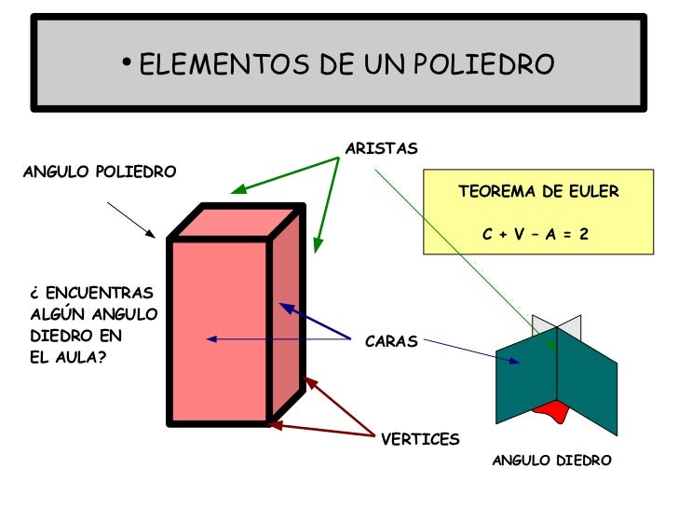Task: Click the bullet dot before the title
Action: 127,62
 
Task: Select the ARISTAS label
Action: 381,149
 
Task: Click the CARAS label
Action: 391,342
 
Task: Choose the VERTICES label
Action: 420,439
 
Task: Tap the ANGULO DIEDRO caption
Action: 551,461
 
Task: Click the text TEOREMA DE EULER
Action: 538,192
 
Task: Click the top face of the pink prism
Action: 238,221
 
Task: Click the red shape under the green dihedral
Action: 551,410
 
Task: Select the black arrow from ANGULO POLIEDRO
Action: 131,220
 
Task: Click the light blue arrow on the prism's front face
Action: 279,338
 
